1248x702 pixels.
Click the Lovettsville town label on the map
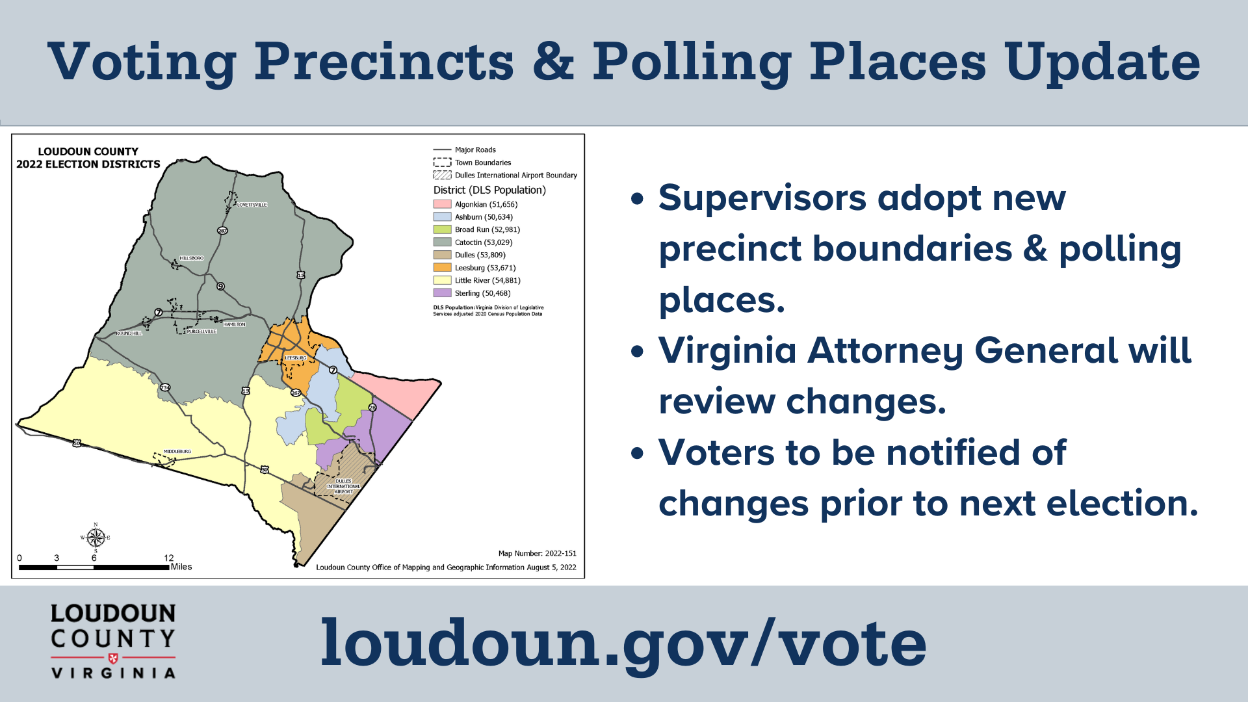coord(252,205)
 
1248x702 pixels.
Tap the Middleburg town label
coord(177,451)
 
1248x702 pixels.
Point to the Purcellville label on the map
coord(201,331)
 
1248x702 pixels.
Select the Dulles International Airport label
coord(343,486)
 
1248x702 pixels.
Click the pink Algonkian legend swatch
coord(442,204)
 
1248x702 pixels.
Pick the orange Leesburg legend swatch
coord(442,267)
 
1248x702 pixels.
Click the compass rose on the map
coord(96,538)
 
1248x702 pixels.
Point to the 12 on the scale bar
coord(168,558)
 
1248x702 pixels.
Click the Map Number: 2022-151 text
coord(537,553)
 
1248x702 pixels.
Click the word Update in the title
coord(1102,62)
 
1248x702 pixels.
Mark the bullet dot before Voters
coord(637,453)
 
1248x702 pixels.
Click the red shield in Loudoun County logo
coord(113,658)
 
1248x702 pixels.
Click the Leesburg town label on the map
coord(295,358)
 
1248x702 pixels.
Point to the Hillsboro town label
coord(191,258)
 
